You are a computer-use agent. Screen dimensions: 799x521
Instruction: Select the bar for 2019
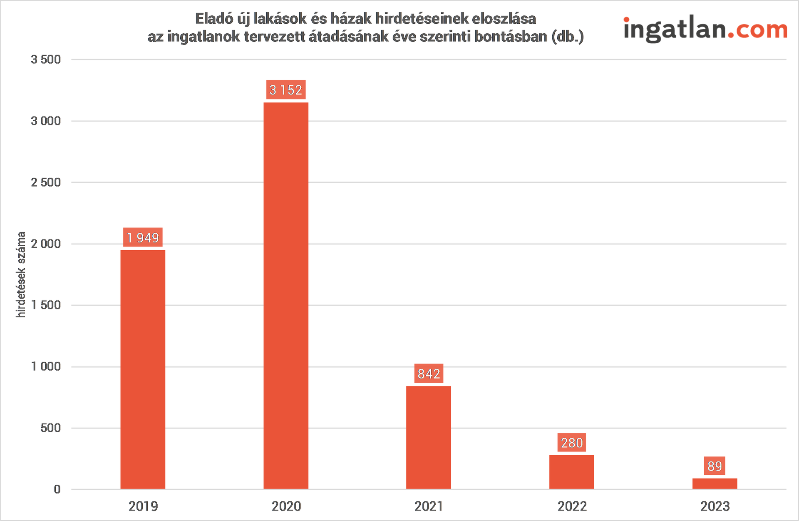pyautogui.click(x=143, y=369)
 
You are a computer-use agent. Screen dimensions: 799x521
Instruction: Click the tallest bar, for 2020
pyautogui.click(x=286, y=296)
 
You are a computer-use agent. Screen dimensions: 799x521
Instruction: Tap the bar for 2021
pyautogui.click(x=429, y=437)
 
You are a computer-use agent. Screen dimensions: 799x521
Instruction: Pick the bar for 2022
pyautogui.click(x=572, y=472)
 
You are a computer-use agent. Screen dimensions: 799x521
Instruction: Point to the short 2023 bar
pyautogui.click(x=715, y=484)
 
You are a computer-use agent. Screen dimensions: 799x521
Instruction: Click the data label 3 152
pyautogui.click(x=286, y=90)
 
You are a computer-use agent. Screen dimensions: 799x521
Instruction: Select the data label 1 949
pyautogui.click(x=143, y=237)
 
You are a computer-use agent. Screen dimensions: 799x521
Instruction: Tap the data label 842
pyautogui.click(x=429, y=374)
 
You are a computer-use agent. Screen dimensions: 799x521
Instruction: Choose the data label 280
pyautogui.click(x=572, y=443)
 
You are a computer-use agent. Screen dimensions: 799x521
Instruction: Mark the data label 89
pyautogui.click(x=715, y=466)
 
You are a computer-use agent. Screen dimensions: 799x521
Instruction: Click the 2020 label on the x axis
pyautogui.click(x=286, y=506)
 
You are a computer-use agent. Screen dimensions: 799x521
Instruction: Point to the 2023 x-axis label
pyautogui.click(x=715, y=506)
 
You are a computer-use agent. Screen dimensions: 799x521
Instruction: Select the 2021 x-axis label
pyautogui.click(x=429, y=506)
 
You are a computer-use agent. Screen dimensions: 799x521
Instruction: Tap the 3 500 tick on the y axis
pyautogui.click(x=46, y=60)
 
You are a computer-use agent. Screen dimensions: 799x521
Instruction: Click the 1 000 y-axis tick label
pyautogui.click(x=46, y=366)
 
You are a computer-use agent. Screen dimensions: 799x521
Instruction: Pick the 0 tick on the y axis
pyautogui.click(x=57, y=489)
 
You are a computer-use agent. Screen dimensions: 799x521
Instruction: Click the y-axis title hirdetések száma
pyautogui.click(x=21, y=274)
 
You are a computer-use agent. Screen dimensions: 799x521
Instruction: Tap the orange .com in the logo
pyautogui.click(x=757, y=30)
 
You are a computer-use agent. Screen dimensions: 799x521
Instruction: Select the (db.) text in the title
pyautogui.click(x=568, y=37)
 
